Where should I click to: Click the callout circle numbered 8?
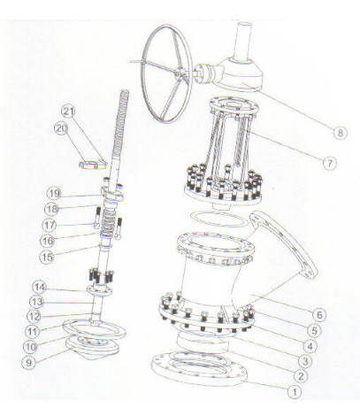pyautogui.click(x=341, y=133)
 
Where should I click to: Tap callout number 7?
pyautogui.click(x=329, y=163)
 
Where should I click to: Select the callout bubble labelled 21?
pyautogui.click(x=68, y=112)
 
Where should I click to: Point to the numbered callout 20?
pyautogui.click(x=61, y=129)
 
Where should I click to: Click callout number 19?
pyautogui.click(x=54, y=194)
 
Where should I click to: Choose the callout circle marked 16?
pyautogui.click(x=47, y=241)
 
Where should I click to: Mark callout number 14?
pyautogui.click(x=40, y=288)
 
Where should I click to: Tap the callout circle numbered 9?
pyautogui.click(x=29, y=362)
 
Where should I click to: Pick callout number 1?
pyautogui.click(x=295, y=392)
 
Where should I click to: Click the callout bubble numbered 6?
pyautogui.click(x=319, y=315)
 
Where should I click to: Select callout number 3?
pyautogui.click(x=305, y=361)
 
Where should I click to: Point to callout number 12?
pyautogui.click(x=34, y=317)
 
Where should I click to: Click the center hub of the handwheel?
pyautogui.click(x=179, y=73)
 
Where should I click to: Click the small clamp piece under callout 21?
pyautogui.click(x=92, y=164)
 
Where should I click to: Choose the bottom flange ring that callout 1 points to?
pyautogui.click(x=199, y=368)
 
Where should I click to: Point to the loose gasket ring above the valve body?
pyautogui.click(x=219, y=219)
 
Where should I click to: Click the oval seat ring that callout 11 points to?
pyautogui.click(x=95, y=330)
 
